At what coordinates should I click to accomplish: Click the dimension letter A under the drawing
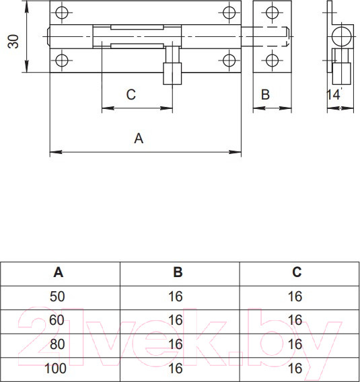pos(139,139)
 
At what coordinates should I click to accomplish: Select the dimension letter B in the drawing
pos(265,95)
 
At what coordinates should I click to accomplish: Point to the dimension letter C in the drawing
pos(131,95)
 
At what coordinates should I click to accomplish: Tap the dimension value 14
pos(333,95)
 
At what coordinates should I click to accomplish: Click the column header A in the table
pos(59,272)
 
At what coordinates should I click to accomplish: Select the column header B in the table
pos(178,272)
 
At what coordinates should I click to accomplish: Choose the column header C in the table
pos(297,272)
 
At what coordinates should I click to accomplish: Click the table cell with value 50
pos(59,296)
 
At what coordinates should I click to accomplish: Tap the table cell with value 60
pos(59,320)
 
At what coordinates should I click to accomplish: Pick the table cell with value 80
pos(59,344)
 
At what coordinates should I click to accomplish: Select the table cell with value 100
pos(59,369)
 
